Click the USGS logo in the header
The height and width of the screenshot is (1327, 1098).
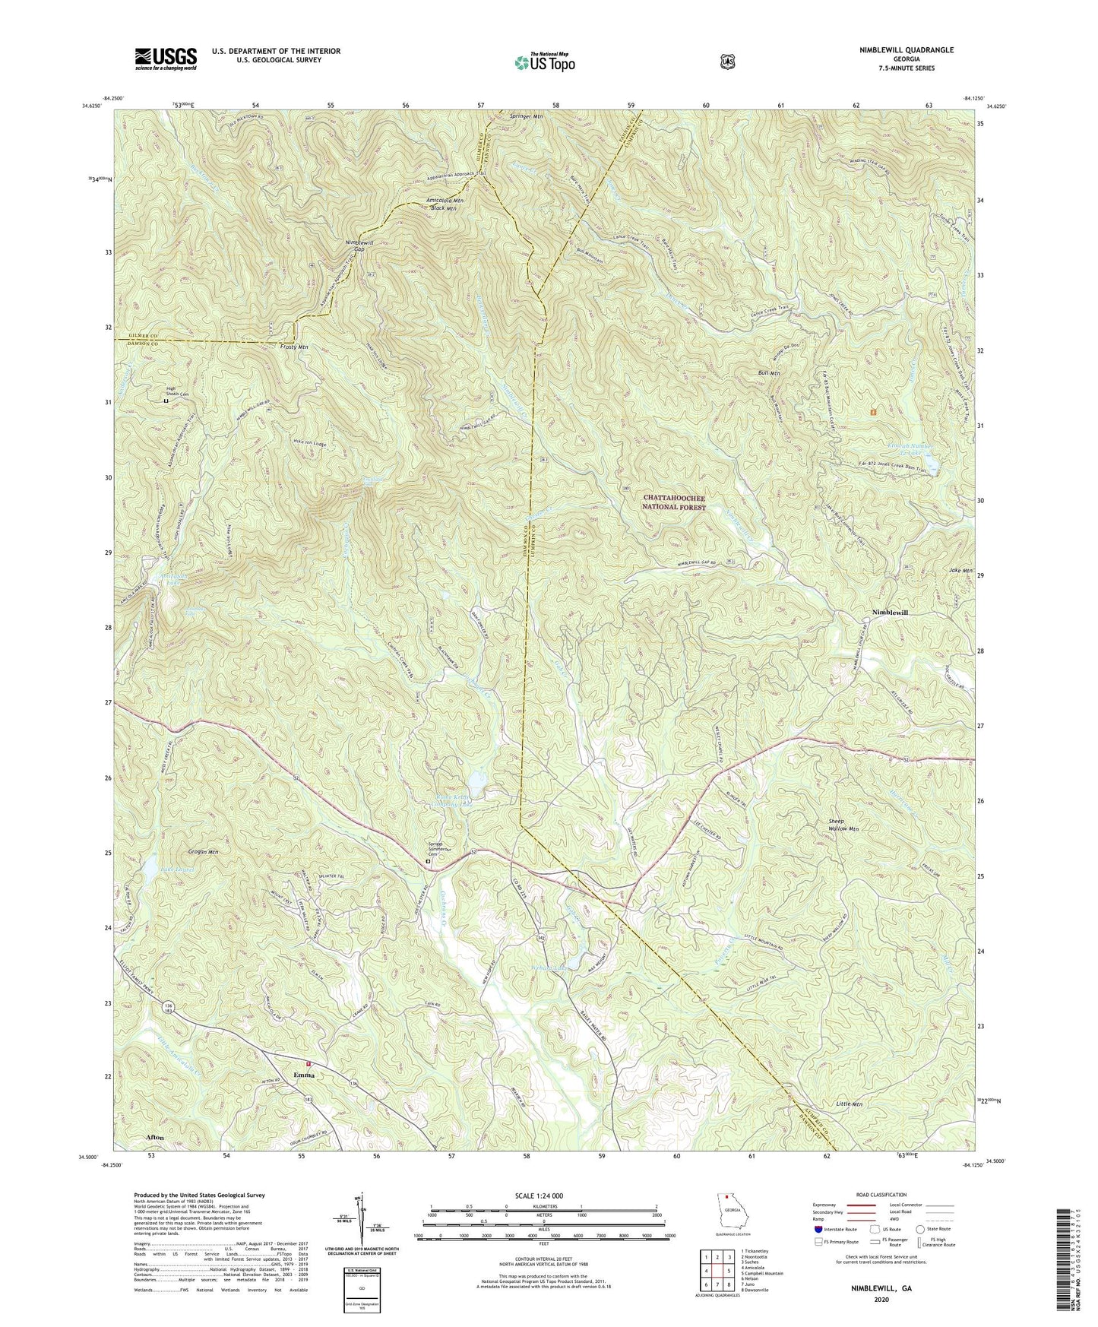click(166, 58)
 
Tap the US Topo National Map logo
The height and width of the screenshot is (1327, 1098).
click(543, 62)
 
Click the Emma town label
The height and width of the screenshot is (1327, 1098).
click(304, 1075)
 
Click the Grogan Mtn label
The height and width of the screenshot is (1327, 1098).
click(201, 852)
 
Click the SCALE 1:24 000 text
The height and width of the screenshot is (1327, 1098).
click(543, 1196)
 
